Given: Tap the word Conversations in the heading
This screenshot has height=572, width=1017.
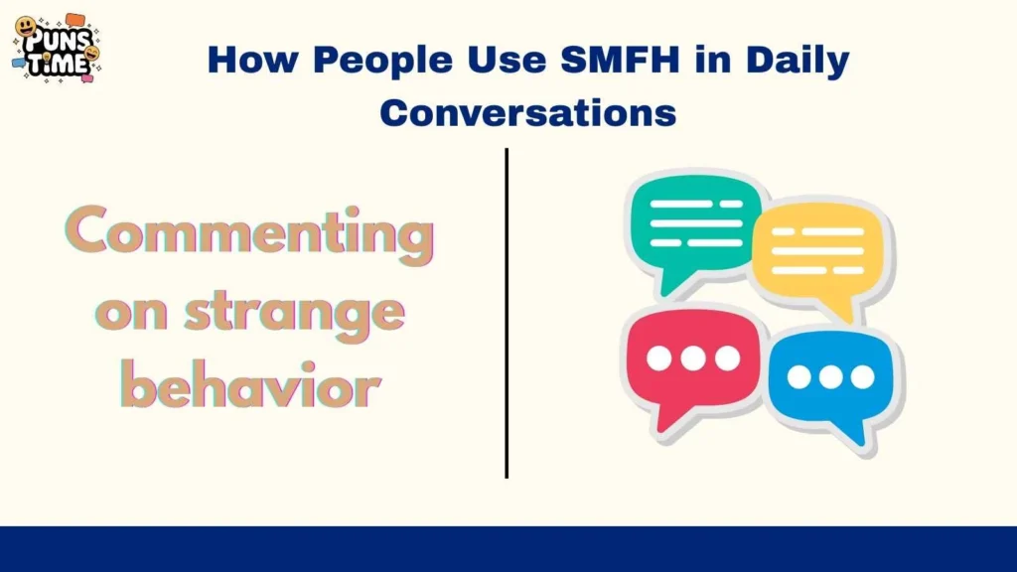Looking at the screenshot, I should pos(527,111).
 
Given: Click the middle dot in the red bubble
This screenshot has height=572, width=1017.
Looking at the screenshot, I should pos(693,358).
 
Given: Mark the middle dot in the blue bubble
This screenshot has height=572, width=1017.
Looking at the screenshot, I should pos(830,377).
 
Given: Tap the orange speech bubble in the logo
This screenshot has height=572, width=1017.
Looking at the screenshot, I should pos(75,20).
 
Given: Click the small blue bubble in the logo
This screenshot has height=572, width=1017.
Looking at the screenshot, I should pos(18,62).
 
